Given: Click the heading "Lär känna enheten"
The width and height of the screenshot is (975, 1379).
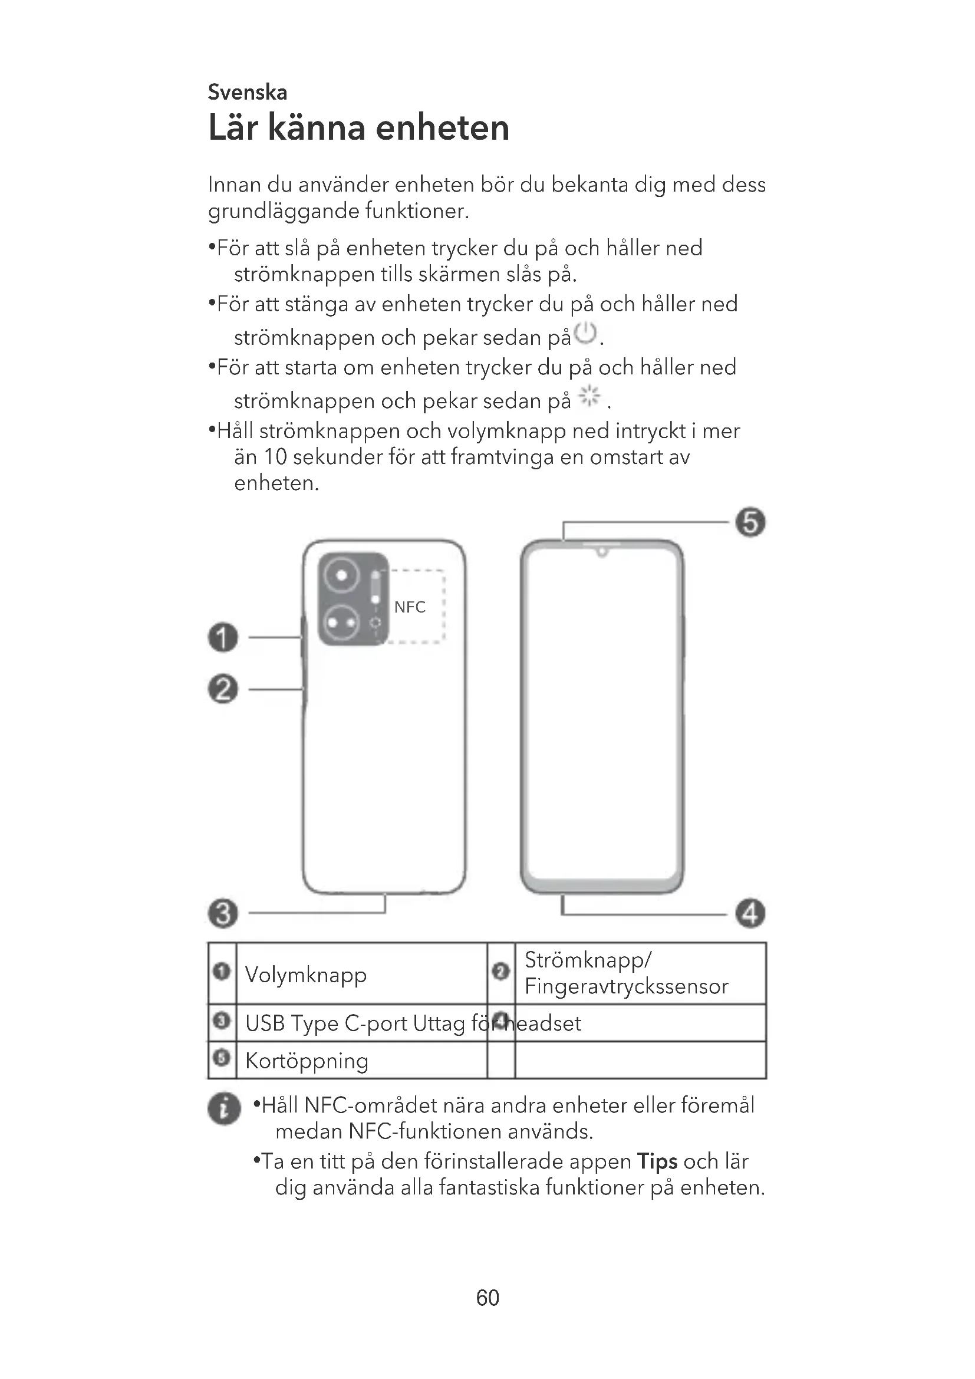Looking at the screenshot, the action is (358, 127).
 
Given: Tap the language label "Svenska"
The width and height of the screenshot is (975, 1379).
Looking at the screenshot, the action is (248, 93).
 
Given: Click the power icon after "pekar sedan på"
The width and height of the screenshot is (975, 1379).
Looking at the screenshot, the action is (585, 333).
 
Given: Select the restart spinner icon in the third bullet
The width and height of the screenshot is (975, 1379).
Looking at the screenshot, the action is (589, 396).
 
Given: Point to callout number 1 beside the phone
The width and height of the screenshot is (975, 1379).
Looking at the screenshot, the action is (223, 637).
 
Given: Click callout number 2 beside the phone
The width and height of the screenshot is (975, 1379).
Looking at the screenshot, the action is (223, 689).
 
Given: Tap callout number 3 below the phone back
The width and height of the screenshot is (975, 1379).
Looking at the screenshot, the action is (223, 913).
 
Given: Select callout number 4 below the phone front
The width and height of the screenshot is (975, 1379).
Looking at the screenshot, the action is (750, 913).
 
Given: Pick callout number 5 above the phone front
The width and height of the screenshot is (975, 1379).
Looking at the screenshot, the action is (750, 522).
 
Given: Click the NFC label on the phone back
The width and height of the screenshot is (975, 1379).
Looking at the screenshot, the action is (410, 607).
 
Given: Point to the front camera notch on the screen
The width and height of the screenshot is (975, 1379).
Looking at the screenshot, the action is (602, 551).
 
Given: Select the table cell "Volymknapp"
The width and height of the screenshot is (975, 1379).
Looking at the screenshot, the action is (305, 975).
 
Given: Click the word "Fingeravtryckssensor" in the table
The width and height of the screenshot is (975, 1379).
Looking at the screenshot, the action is (626, 987).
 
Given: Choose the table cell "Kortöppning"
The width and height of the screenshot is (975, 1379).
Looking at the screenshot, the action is (307, 1061).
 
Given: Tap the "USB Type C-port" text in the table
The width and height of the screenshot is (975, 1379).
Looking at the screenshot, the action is (324, 1023).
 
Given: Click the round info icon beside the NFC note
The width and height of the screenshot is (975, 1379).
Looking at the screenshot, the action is (224, 1108).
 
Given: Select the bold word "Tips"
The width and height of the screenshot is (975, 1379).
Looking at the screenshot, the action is (657, 1161).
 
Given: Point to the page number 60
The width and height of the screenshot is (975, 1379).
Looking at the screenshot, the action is (487, 1298).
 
